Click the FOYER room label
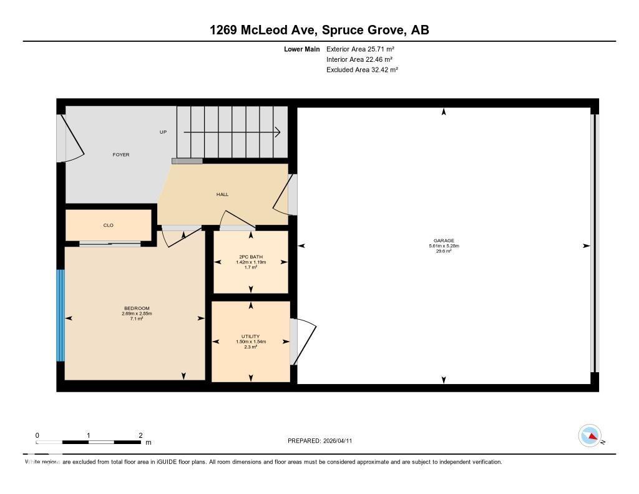[121, 154]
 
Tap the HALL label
[222, 194]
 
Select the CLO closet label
[109, 225]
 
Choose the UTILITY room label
[251, 337]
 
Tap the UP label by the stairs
[163, 132]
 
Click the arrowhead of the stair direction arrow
[277, 132]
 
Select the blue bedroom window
[61, 315]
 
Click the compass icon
[590, 435]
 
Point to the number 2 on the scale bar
[141, 435]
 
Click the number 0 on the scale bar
[37, 435]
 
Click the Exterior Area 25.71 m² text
[360, 49]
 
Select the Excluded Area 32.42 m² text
[362, 70]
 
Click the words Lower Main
[302, 49]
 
